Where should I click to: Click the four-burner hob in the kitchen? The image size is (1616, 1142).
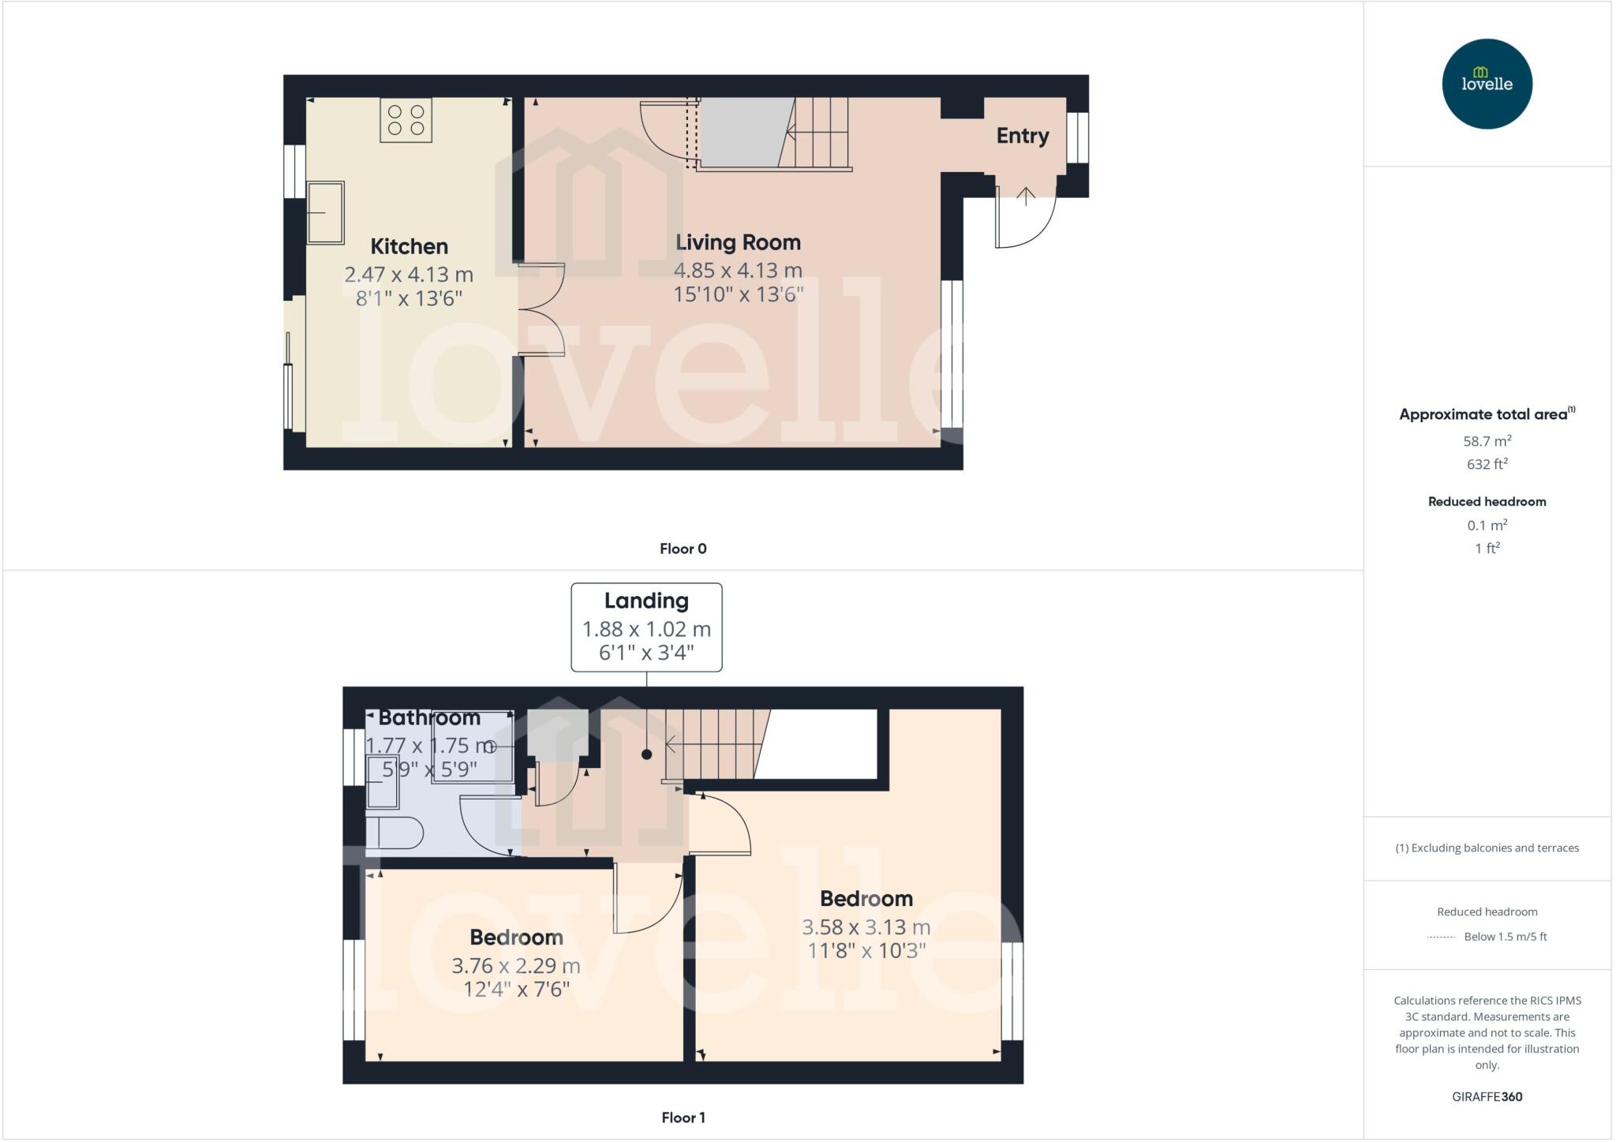pos(406,120)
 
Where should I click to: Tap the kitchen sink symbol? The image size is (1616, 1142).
pos(325,212)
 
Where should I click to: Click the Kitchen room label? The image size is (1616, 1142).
pos(409,246)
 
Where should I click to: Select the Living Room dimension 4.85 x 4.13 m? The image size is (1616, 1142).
pos(737,270)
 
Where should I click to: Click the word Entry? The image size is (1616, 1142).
pos(1022,136)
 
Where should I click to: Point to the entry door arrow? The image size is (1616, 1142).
pos(1025,197)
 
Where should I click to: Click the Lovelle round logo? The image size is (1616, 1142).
pos(1486,84)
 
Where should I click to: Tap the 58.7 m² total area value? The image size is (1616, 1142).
pos(1487,441)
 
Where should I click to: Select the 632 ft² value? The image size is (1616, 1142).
pos(1487,464)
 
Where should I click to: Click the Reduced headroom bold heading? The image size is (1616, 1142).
pos(1487,501)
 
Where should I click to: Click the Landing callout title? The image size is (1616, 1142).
pos(646,601)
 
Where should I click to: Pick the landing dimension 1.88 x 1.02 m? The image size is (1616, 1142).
pos(646,629)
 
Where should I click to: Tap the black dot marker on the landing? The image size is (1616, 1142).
pos(646,754)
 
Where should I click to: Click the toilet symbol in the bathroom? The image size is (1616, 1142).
pos(395,833)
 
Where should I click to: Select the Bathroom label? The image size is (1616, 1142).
pos(429,717)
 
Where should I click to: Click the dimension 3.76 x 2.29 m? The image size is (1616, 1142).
pos(515,965)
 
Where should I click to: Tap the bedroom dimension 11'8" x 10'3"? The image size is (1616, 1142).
pos(866,950)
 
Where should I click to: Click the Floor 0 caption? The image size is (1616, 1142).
pos(683,549)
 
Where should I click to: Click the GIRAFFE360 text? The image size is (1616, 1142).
pos(1487,1096)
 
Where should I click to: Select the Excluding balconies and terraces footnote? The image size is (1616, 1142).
pos(1487,848)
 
